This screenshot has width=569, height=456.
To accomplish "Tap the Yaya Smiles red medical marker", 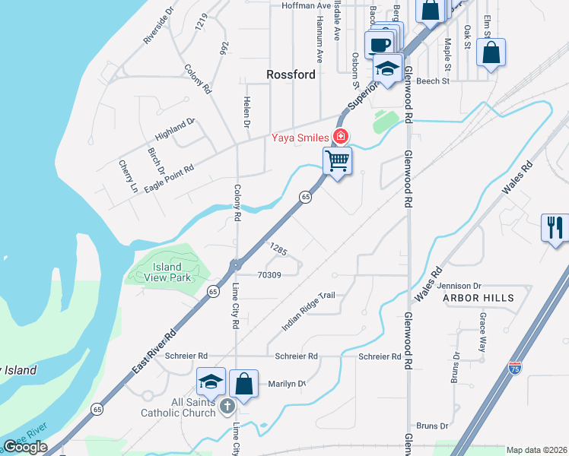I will click(x=341, y=137).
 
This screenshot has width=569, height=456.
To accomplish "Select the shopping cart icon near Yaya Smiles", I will click(x=337, y=161).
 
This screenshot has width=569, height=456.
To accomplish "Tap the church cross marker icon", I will click(x=227, y=407).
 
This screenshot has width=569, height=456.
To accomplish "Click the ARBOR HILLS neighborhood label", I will click(x=478, y=298).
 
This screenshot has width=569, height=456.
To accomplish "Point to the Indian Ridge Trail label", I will click(x=308, y=311).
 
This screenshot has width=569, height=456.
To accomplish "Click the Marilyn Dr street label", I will click(x=286, y=385).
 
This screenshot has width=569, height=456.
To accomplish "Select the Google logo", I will click(x=24, y=447).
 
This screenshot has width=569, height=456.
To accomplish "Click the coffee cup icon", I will click(x=379, y=43).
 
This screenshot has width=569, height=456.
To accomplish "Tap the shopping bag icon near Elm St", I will click(x=491, y=52).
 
